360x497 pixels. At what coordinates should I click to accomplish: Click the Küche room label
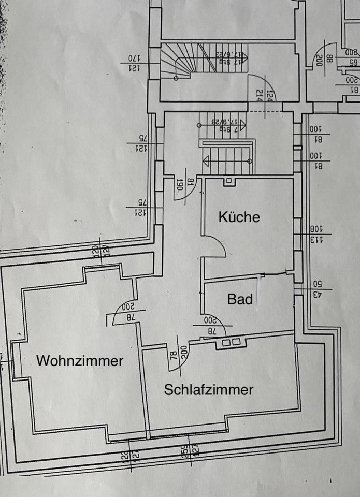pos(239,217)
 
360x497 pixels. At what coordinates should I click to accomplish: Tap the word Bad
pos(240,299)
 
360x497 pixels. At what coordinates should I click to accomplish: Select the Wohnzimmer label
pos(80,361)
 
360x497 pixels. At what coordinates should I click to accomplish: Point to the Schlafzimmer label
pos(209,389)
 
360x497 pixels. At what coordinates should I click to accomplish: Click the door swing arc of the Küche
pos(218,246)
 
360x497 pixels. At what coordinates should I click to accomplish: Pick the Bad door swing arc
pos(218,324)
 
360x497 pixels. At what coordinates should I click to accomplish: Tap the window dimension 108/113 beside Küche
pos(316,234)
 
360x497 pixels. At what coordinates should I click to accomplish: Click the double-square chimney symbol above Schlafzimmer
pos(231,342)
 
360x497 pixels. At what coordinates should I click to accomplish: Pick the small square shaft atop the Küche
pos(228,181)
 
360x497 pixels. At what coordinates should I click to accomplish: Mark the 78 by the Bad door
pos(210,330)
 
